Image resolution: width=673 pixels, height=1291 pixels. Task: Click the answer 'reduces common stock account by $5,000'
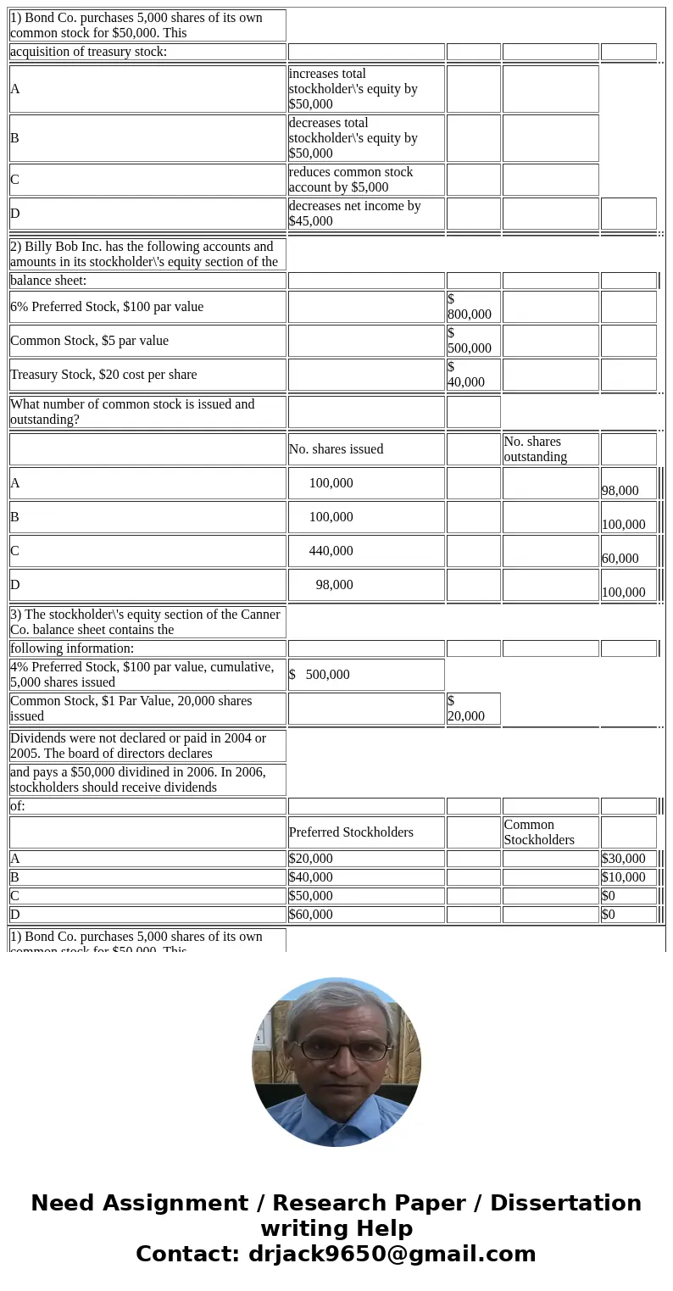point(365,180)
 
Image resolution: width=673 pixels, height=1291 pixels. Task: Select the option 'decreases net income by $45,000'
point(365,214)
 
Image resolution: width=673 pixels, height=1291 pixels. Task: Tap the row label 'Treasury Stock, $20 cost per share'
point(147,375)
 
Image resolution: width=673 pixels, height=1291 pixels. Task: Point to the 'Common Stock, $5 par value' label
point(147,341)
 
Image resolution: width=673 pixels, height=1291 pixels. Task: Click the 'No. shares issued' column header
point(365,449)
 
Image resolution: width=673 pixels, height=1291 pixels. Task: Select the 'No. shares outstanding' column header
point(550,449)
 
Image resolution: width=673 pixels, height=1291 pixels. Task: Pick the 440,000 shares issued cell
point(365,551)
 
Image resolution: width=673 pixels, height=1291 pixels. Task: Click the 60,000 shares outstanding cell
point(628,557)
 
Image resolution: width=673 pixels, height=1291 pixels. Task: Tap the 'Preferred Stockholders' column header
point(365,832)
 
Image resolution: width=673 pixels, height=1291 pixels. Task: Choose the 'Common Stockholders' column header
point(550,832)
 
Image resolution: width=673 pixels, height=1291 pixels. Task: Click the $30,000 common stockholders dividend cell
point(628,859)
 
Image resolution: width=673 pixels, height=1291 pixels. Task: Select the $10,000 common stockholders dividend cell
point(628,877)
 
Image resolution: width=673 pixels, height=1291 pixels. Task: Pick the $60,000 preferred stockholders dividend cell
point(365,915)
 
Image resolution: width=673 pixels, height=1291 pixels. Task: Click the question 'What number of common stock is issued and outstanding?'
point(147,412)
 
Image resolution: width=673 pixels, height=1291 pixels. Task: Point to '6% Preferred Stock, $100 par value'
point(147,307)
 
